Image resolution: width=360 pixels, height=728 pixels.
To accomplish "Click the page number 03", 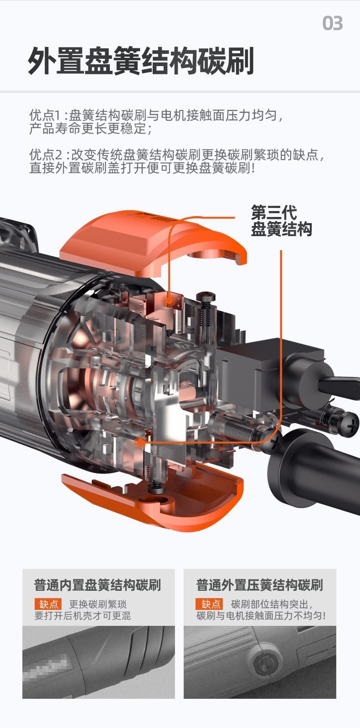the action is pyautogui.click(x=332, y=23).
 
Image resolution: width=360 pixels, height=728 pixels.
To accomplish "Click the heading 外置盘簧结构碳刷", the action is pyautogui.click(x=141, y=61).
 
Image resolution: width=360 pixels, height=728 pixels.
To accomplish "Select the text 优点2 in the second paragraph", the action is pyautogui.click(x=46, y=155).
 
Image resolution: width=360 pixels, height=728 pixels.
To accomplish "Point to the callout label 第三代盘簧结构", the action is pyautogui.click(x=281, y=221).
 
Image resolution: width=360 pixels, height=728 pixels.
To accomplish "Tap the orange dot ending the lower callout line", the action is pyautogui.click(x=140, y=442).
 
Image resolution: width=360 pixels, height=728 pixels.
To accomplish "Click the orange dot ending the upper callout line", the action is pyautogui.click(x=169, y=301).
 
